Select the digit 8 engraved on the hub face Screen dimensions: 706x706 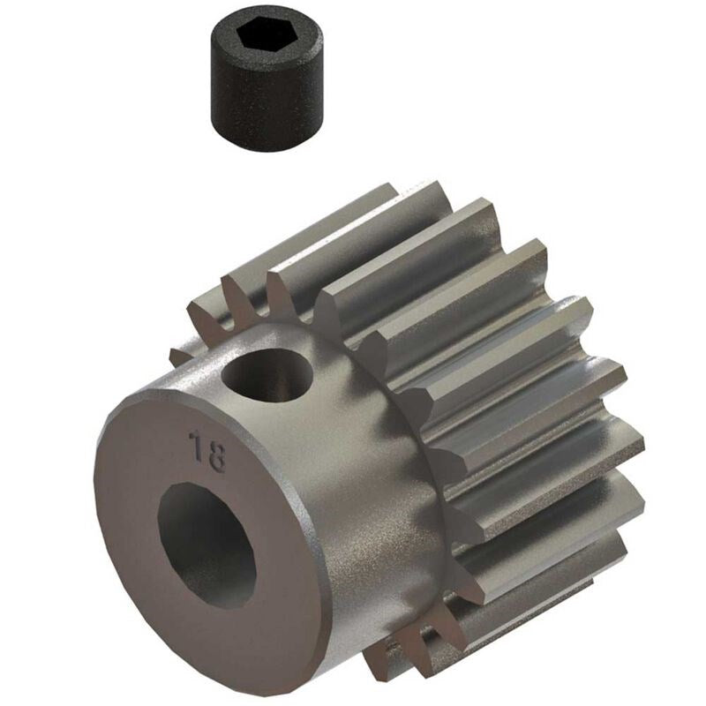click(x=215, y=457)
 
